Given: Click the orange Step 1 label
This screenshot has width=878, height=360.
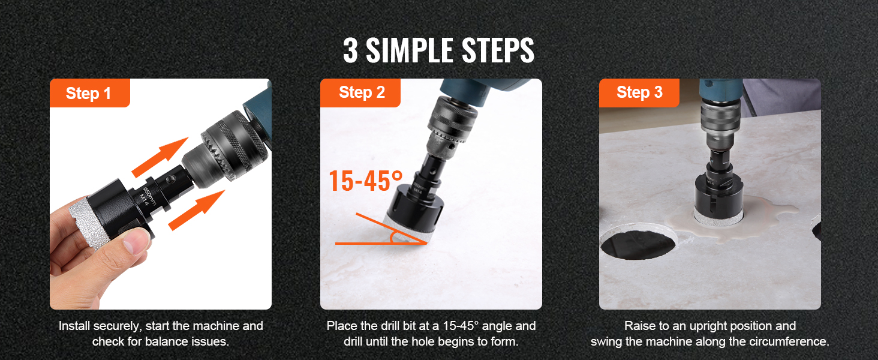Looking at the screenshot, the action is [x=90, y=93].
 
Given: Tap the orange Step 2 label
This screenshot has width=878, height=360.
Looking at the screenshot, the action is [x=360, y=93].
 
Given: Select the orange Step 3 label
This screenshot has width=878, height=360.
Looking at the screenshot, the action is [x=639, y=93].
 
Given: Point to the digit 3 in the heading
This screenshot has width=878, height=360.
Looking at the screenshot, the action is [x=350, y=50].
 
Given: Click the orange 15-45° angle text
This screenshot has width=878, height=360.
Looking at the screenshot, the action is [x=366, y=181].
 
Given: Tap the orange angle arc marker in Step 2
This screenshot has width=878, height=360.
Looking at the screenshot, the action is [x=392, y=237].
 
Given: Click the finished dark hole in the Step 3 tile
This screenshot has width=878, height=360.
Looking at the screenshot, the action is [x=638, y=245].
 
